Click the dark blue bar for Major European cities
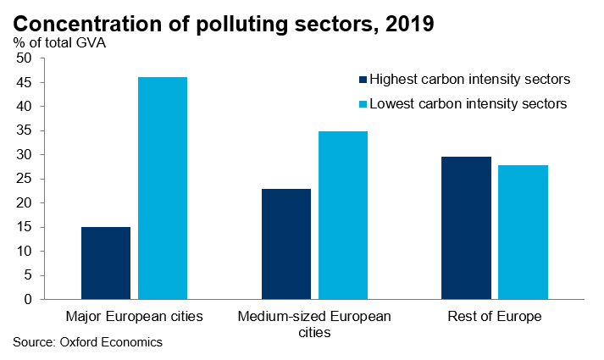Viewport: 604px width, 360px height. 106,263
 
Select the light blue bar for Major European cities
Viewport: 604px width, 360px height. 163,188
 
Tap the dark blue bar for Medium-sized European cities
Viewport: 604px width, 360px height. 286,244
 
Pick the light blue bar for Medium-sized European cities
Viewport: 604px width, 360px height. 343,215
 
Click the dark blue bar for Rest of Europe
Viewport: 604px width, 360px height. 467,228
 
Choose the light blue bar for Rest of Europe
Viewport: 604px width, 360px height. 524,232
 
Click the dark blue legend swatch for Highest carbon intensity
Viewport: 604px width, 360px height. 363,80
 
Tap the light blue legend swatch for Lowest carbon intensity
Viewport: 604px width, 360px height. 363,103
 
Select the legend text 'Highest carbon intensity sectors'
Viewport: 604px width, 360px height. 469,80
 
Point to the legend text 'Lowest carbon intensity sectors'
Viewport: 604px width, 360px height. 468,103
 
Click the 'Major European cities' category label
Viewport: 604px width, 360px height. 135,317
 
